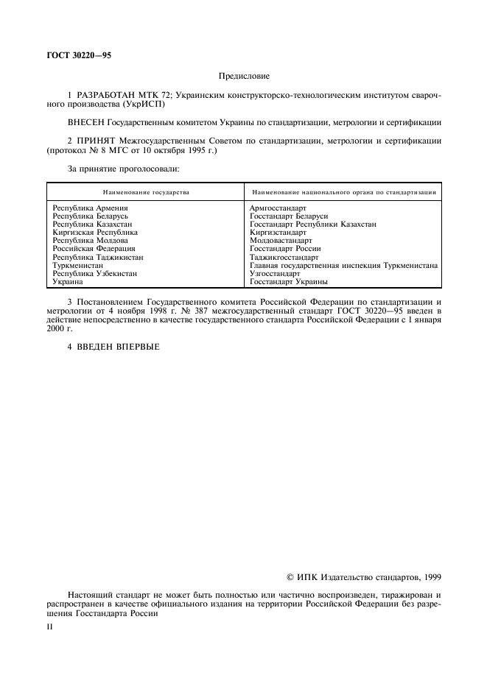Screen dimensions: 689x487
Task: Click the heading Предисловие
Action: pos(244,76)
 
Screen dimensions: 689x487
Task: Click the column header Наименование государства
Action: pos(146,191)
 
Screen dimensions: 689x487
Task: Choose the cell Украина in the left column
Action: pos(67,281)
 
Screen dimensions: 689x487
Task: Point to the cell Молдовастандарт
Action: pos(281,241)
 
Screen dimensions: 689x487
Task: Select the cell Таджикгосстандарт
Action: pos(284,257)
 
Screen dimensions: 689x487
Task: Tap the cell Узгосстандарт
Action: pos(275,273)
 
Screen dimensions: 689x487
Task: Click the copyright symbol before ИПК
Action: pos(290,578)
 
